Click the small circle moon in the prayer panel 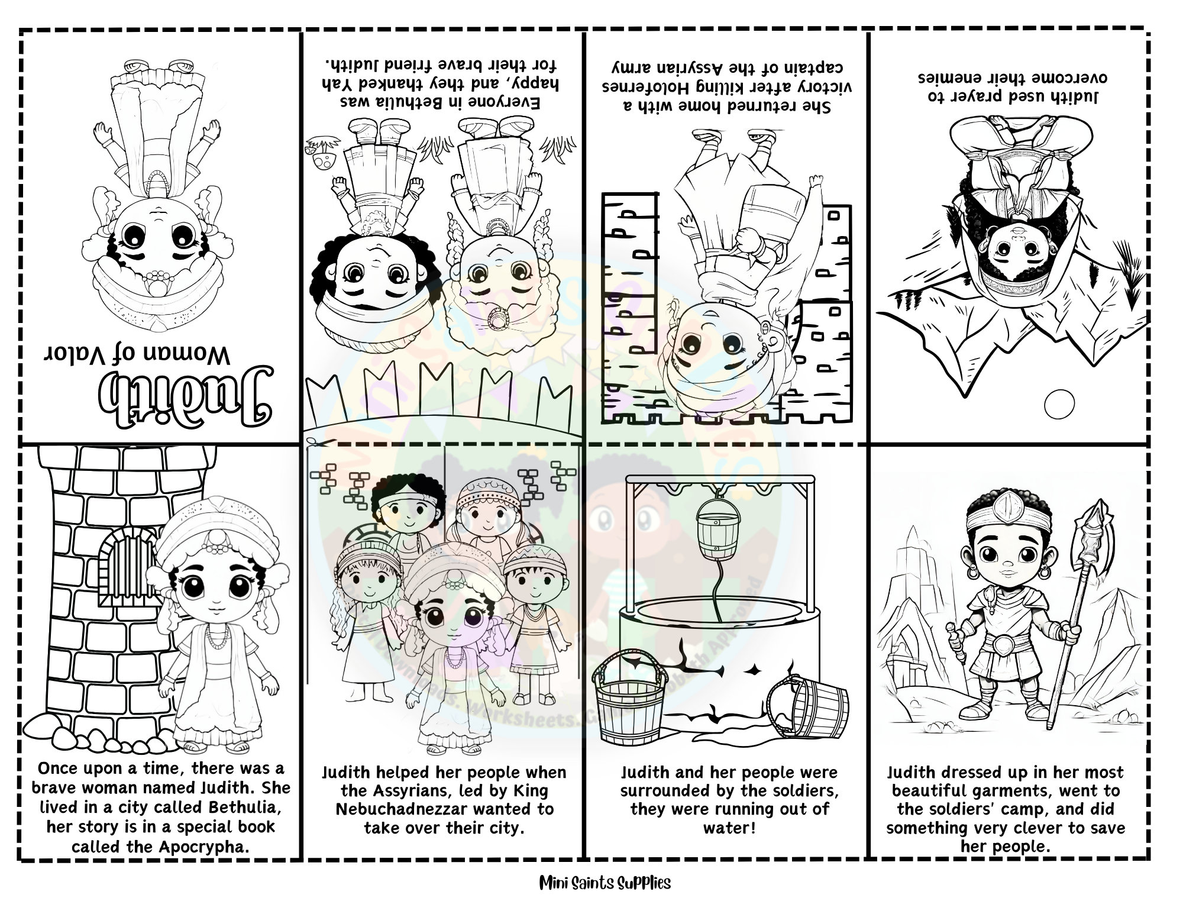[x=1059, y=406]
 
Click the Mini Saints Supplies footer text [x=605, y=883]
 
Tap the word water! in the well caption [x=729, y=828]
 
